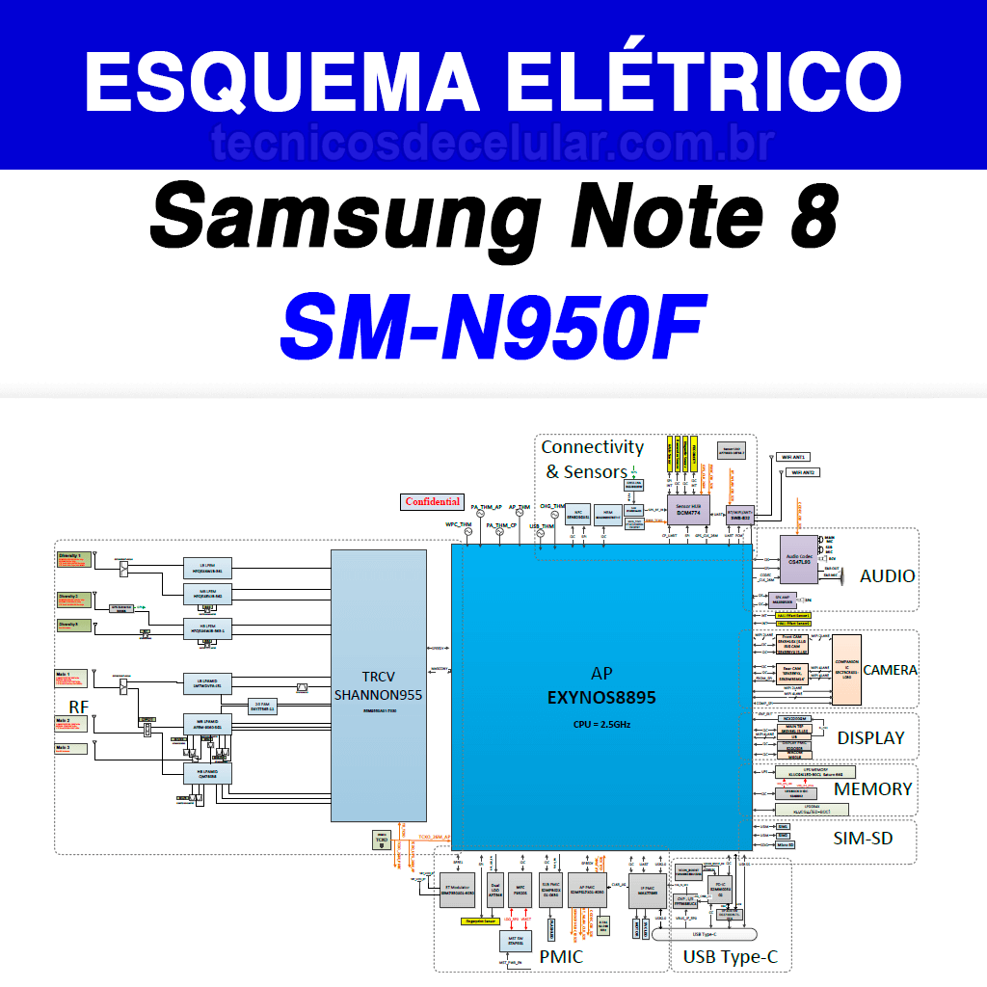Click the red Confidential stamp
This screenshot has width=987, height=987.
[x=433, y=502]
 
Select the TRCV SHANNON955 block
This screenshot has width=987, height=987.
[x=378, y=684]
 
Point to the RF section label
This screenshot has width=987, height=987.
[x=78, y=707]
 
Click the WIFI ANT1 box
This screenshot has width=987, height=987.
[x=795, y=457]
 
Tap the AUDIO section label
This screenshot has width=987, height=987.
[x=887, y=576]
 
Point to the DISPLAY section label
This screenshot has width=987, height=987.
[x=870, y=738]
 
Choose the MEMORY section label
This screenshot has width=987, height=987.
[x=872, y=789]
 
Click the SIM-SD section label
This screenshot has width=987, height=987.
[x=863, y=839]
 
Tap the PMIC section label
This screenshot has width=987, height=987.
[x=560, y=957]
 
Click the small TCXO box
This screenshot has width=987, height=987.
[x=383, y=840]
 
